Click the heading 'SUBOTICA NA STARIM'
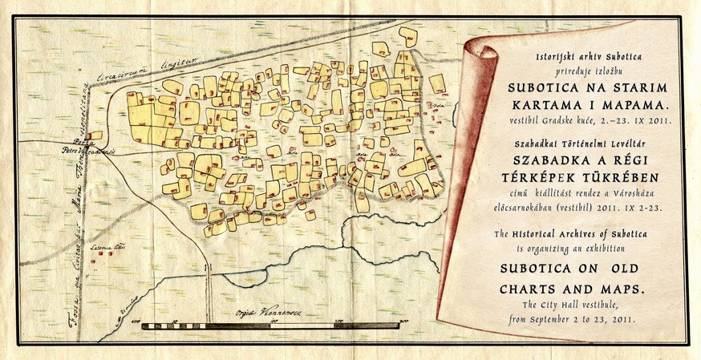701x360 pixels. [x=581, y=87]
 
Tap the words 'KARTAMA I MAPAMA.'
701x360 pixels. [x=581, y=105]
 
